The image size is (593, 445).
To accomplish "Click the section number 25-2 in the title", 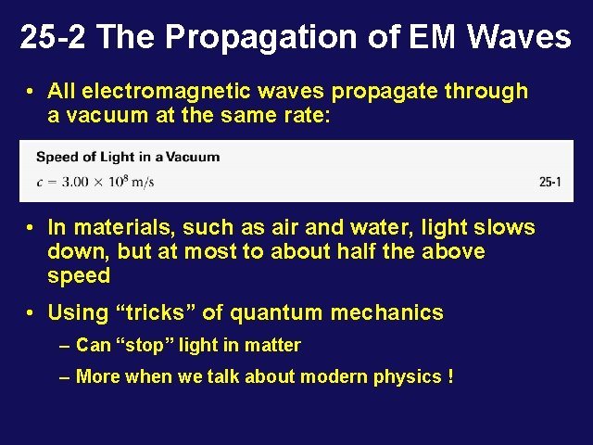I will pyautogui.click(x=53, y=37).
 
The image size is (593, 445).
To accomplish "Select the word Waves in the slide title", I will pyautogui.click(x=519, y=37).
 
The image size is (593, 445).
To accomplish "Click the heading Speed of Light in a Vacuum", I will pyautogui.click(x=128, y=157).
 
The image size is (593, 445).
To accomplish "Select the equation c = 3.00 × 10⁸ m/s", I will pyautogui.click(x=95, y=181).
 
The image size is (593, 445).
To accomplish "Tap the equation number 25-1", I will pyautogui.click(x=550, y=183).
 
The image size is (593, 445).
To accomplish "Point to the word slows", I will pyautogui.click(x=504, y=227).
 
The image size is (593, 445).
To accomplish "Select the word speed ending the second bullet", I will pyautogui.click(x=79, y=276).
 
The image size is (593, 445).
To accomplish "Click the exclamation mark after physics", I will pyautogui.click(x=449, y=376).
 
